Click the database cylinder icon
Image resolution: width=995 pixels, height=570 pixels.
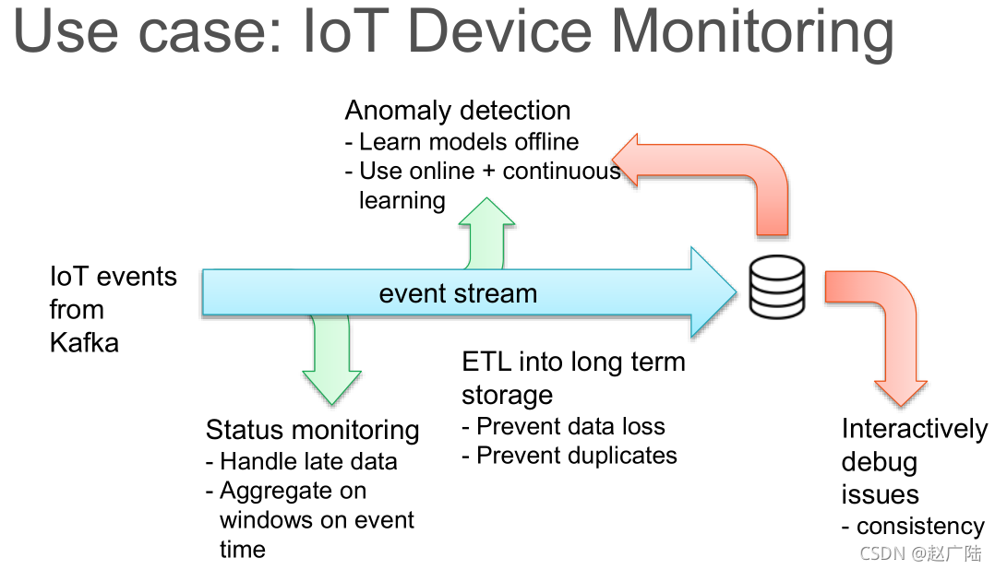(776, 288)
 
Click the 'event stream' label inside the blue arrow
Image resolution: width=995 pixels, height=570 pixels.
(458, 293)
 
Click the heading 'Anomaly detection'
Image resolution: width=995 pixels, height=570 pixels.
(458, 111)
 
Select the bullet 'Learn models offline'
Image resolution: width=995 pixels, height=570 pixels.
(468, 142)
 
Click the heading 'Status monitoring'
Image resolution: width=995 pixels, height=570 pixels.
(312, 430)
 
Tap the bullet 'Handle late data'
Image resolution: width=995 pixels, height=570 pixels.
(308, 461)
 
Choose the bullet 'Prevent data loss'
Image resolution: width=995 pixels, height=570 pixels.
(570, 426)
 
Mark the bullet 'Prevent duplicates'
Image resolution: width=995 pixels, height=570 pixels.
(577, 456)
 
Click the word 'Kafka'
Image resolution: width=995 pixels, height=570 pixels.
(84, 343)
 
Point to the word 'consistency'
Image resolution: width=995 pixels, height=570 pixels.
(920, 527)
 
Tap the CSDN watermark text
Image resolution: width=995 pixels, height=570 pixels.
(920, 553)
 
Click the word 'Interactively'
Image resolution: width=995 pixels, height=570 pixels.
(914, 430)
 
